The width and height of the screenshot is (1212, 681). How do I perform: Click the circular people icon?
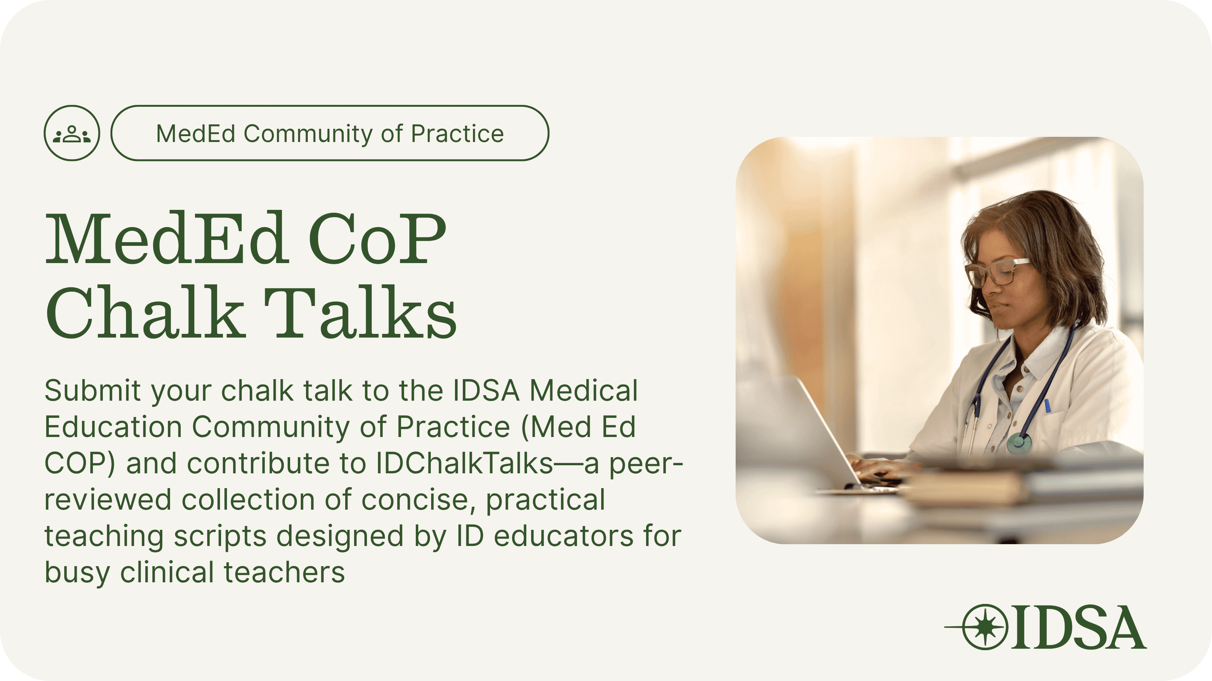point(72,133)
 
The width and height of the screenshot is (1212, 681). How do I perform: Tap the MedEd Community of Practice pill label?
point(330,133)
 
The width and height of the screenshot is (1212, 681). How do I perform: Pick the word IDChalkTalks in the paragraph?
point(464,463)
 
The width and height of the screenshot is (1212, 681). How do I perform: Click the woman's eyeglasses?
point(995,271)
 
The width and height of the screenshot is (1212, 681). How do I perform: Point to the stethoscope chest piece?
point(1019,442)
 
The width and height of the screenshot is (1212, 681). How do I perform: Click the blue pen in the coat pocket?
point(1047,406)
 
